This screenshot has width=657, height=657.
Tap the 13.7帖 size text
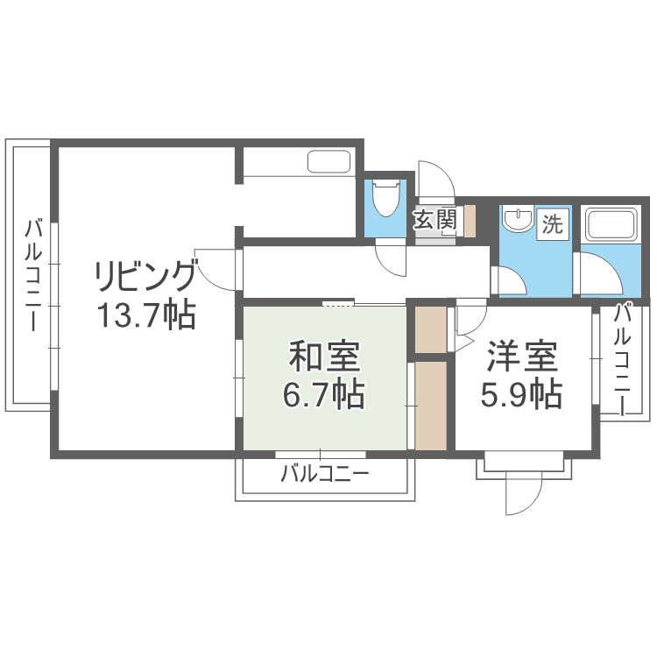(145, 314)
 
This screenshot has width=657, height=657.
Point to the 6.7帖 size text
(324, 396)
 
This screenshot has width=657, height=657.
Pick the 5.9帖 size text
(521, 396)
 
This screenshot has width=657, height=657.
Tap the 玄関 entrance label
(435, 219)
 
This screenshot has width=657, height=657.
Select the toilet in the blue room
(385, 200)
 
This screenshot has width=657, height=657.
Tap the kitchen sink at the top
(329, 162)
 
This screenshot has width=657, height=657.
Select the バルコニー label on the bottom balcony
(325, 476)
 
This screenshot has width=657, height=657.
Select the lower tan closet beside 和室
(430, 406)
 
